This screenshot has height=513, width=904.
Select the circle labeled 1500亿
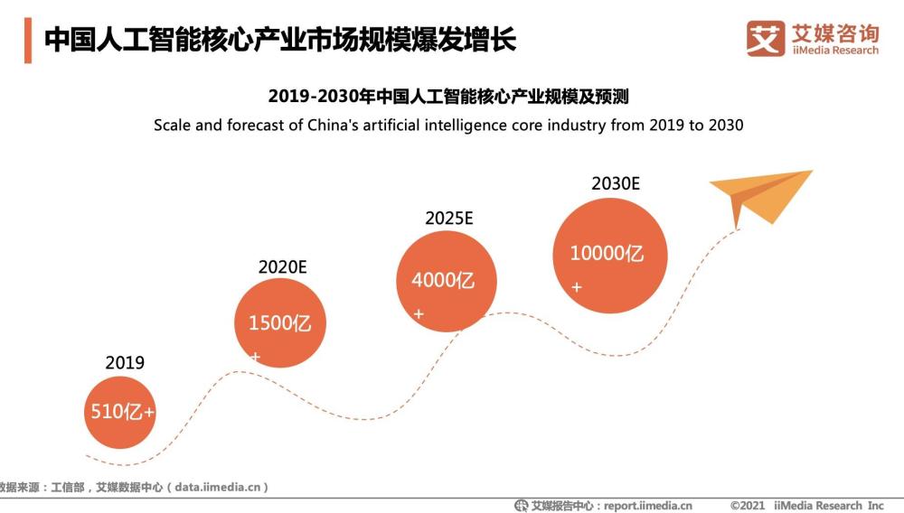click(x=280, y=322)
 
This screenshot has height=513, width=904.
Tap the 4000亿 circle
click(x=447, y=281)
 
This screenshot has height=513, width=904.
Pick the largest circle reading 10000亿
click(x=609, y=256)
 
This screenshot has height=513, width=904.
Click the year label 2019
click(x=125, y=363)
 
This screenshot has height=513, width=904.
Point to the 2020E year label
click(x=283, y=266)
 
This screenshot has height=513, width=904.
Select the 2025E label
click(x=449, y=218)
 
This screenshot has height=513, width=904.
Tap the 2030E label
click(x=616, y=183)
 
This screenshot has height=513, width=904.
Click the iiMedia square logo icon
click(x=765, y=39)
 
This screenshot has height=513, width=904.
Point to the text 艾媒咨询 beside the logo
click(x=834, y=33)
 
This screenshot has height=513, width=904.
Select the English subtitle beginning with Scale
click(x=448, y=125)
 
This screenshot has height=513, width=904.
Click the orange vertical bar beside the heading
click(x=28, y=41)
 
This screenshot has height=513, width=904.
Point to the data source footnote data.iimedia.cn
click(x=136, y=487)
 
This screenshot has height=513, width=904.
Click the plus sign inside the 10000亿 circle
click(x=577, y=287)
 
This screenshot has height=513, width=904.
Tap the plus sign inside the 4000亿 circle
click(x=419, y=314)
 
